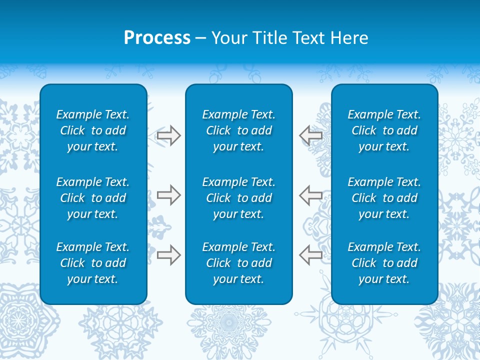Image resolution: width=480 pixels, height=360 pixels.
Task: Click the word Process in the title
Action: coord(157,38)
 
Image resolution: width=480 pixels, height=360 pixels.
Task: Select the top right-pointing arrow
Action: coord(168,135)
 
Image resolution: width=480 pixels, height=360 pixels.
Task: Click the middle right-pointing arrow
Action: coord(168,195)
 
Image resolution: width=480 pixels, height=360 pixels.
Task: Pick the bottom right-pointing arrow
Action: coord(168,255)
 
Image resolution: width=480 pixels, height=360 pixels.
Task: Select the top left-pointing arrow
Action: coord(311,135)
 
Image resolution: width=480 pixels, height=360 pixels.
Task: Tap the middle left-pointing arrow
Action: coord(311,195)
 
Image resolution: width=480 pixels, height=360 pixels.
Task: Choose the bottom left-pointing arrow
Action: coord(311,255)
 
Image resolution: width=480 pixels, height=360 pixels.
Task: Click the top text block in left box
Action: coord(93,130)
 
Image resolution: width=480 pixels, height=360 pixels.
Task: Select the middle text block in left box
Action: coord(93,198)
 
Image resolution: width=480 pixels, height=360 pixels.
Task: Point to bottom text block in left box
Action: coord(93,263)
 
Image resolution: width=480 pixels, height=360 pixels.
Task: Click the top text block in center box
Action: coord(238,130)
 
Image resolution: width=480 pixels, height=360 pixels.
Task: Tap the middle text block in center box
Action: coord(238,198)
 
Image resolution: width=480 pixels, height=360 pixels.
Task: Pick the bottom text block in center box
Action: coord(238,263)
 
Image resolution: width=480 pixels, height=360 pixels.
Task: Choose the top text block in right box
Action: coord(384,130)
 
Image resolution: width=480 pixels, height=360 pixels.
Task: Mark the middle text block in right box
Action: coord(384,198)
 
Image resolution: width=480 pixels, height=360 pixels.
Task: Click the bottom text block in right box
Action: coord(384,263)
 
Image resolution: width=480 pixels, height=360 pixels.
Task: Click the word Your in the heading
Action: coord(227,38)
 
